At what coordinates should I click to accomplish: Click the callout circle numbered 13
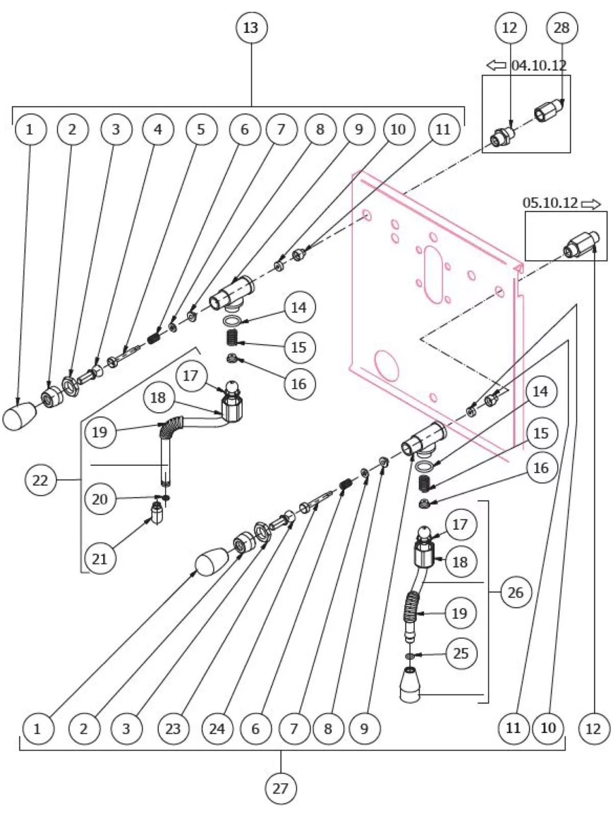250,28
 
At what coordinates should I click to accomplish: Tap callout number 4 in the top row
158,129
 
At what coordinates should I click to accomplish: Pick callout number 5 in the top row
201,129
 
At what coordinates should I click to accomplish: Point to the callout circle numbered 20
100,498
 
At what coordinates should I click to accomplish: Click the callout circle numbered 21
100,558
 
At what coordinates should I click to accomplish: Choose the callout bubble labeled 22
40,480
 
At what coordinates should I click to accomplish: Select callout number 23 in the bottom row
173,728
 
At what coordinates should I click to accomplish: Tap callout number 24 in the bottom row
217,728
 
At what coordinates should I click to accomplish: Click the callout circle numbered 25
461,653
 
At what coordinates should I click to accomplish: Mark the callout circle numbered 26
515,592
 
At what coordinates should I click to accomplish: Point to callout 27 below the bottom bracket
280,788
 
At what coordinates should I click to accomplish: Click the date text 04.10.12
539,65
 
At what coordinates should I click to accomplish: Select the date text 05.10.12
550,203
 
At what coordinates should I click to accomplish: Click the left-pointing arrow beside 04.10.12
496,65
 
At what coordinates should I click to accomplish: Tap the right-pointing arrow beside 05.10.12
591,204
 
